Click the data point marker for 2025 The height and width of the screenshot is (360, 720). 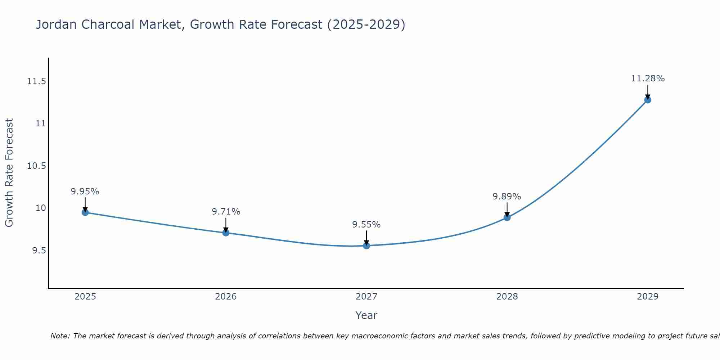tap(85, 212)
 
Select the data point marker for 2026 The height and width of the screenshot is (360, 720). tap(226, 233)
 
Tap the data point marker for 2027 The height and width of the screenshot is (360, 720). tap(366, 246)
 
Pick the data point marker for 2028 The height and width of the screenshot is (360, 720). tap(507, 217)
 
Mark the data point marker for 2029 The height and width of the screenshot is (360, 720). tap(648, 100)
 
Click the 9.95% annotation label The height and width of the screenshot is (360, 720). tap(85, 192)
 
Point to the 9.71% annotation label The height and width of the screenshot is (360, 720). tap(226, 212)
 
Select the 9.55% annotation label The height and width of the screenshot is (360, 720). tap(366, 225)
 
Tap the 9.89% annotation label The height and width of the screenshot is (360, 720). tap(507, 197)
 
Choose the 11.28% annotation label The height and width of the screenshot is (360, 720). tap(648, 78)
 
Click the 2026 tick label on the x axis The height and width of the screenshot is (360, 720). tap(226, 297)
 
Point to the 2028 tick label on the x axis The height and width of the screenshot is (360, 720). tap(507, 297)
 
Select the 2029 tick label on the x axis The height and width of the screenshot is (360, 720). tap(648, 297)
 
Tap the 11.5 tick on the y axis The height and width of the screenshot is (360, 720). tap(37, 81)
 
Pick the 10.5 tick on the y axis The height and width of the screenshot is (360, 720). tap(37, 166)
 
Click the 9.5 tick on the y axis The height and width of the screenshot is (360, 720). tap(39, 251)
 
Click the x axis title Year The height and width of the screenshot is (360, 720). tap(366, 315)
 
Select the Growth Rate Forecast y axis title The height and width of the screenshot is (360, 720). tap(9, 173)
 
